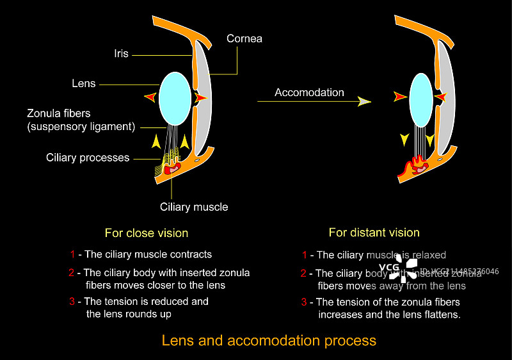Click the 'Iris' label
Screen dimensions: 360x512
click(x=121, y=54)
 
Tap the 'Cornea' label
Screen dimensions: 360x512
click(x=244, y=39)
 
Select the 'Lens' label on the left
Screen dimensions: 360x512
click(x=84, y=83)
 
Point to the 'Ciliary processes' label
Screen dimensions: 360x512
click(x=88, y=158)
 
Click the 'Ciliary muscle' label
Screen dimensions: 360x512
click(x=193, y=207)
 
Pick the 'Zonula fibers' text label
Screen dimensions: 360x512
click(x=58, y=113)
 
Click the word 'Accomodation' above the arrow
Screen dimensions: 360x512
click(x=309, y=92)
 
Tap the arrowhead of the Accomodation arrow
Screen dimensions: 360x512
click(x=365, y=101)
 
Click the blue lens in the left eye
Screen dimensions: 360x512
click(x=174, y=98)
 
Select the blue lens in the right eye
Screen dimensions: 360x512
click(x=420, y=99)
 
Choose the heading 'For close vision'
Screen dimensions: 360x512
click(x=147, y=233)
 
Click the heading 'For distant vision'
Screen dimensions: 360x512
click(x=374, y=233)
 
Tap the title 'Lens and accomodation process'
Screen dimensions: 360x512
click(x=269, y=340)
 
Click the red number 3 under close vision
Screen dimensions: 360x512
click(x=72, y=301)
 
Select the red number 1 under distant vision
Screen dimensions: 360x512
click(x=305, y=255)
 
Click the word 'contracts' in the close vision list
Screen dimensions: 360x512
click(x=190, y=254)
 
